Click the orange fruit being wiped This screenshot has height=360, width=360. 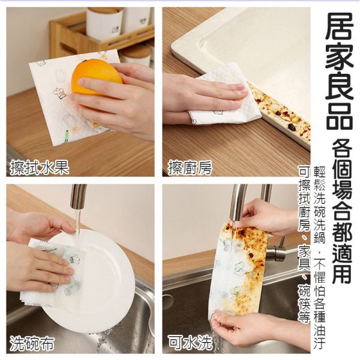tap(96, 76)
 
